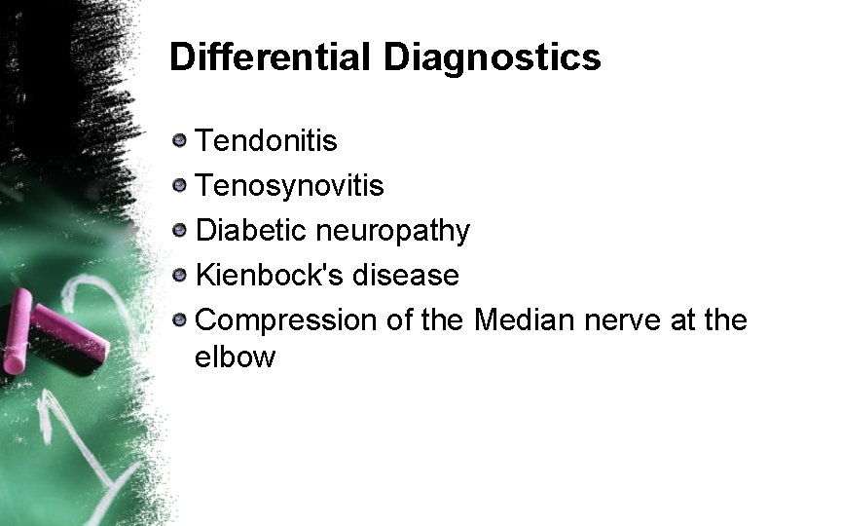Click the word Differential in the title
270,57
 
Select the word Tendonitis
267,141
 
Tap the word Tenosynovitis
290,185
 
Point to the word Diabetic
249,231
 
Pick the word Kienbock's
271,275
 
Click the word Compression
288,319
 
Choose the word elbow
235,357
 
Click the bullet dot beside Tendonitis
179,141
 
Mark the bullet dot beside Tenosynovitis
179,185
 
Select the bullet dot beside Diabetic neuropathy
179,231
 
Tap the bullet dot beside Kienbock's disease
179,275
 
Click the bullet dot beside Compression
179,319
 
